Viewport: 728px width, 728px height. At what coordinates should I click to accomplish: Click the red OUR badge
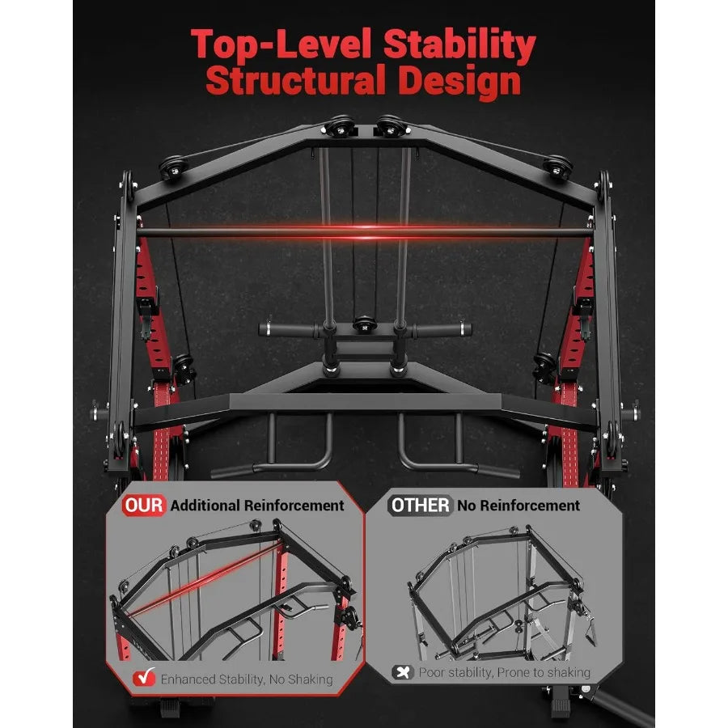tap(144, 506)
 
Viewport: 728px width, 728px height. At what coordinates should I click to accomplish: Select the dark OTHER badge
tap(420, 506)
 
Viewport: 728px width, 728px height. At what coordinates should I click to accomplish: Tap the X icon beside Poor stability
tap(402, 672)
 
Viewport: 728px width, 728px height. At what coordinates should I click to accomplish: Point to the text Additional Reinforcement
tap(258, 506)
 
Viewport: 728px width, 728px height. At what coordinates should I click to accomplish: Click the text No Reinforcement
tap(518, 506)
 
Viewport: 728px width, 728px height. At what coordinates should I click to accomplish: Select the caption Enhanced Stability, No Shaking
tap(247, 679)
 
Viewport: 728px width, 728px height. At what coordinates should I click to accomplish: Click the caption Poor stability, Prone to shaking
tap(504, 672)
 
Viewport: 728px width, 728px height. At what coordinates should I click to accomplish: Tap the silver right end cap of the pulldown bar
tap(466, 329)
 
